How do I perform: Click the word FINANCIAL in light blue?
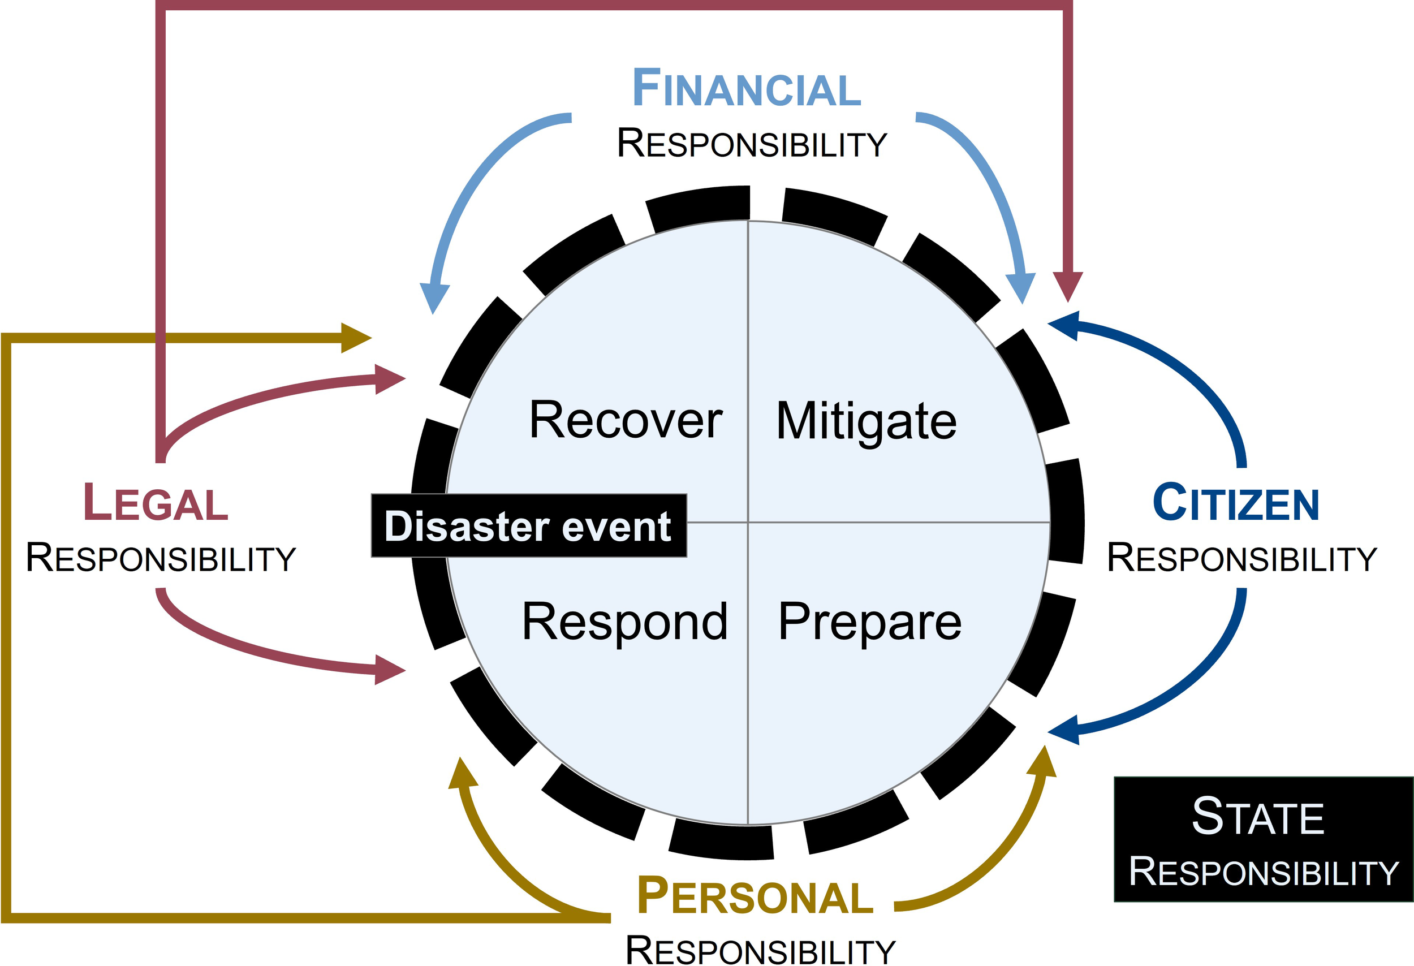(747, 89)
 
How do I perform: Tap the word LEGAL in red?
(156, 502)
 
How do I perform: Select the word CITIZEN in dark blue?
(1235, 502)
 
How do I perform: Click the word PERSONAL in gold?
(755, 896)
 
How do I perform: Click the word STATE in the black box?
(1258, 816)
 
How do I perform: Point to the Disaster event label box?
(529, 525)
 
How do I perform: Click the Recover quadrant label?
(626, 420)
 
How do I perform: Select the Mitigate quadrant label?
(866, 421)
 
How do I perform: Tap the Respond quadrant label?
(625, 622)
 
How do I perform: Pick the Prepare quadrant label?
(870, 622)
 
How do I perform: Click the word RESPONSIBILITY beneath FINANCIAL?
(752, 144)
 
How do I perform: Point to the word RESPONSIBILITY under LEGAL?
(161, 558)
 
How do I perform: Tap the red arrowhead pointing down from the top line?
(1068, 286)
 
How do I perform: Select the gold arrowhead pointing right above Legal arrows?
(355, 338)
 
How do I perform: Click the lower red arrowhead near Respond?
(389, 670)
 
